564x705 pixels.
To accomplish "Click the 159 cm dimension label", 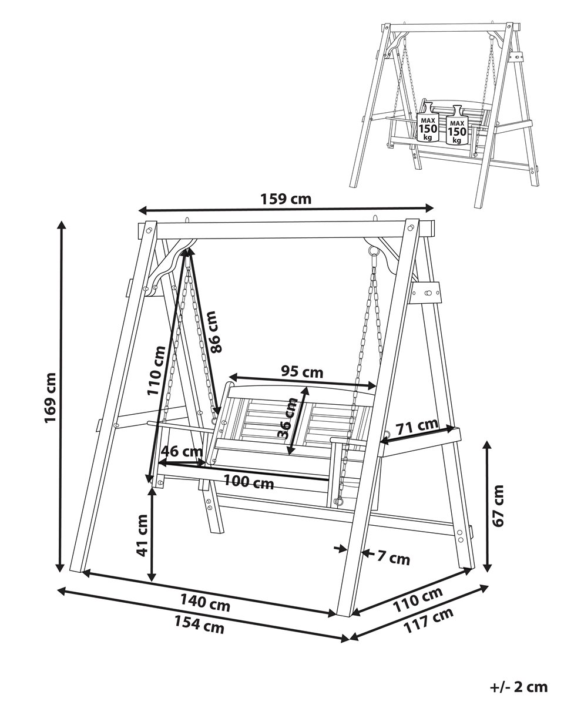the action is pyautogui.click(x=286, y=199).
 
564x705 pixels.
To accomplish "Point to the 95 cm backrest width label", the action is pyautogui.click(x=302, y=372).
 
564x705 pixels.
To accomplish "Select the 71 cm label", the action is pyautogui.click(x=417, y=427).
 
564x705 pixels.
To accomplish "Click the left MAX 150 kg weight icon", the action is pyautogui.click(x=427, y=122).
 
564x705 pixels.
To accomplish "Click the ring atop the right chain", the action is pyautogui.click(x=372, y=250).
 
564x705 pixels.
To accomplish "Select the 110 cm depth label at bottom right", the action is pyautogui.click(x=418, y=599).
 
